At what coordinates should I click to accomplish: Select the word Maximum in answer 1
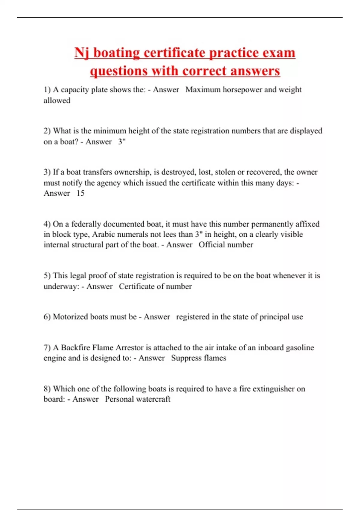point(203,90)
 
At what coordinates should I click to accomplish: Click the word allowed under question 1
point(57,100)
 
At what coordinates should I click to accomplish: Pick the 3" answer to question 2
point(121,142)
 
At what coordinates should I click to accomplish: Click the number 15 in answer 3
point(80,193)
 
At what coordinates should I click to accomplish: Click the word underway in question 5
point(61,286)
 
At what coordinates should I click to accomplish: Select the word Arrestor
point(130,348)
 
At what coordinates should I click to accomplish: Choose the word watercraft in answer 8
point(154,399)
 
